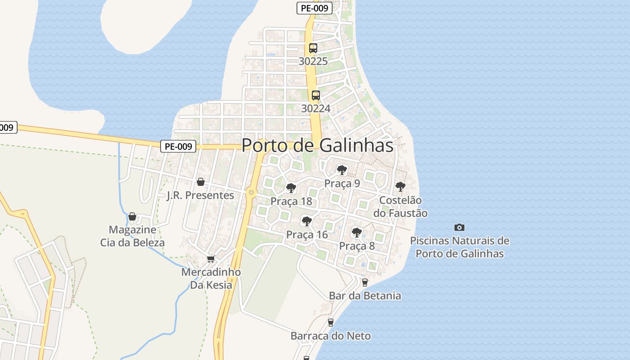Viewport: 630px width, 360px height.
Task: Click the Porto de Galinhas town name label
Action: (x=317, y=145)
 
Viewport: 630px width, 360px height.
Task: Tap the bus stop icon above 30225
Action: (x=313, y=48)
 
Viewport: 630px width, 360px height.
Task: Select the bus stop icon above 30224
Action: (x=316, y=95)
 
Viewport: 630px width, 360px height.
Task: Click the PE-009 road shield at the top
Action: (x=315, y=8)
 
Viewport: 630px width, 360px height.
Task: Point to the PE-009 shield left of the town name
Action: (x=178, y=146)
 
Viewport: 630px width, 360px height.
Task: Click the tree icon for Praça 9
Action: (x=342, y=170)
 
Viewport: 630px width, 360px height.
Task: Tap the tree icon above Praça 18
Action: (x=291, y=188)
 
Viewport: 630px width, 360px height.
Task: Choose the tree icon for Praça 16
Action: (x=307, y=221)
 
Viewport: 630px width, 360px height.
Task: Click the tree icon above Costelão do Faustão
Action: (x=400, y=186)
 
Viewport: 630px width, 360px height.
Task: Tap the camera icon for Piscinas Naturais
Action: (x=459, y=227)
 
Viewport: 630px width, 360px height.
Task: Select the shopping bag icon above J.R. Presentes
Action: (x=201, y=182)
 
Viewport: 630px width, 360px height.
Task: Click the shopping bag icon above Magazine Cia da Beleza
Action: (x=132, y=216)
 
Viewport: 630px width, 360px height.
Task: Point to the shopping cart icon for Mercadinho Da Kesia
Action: (x=211, y=259)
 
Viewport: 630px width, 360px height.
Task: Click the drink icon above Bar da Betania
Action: (x=365, y=282)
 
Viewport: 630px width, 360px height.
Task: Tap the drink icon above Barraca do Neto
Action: (x=331, y=322)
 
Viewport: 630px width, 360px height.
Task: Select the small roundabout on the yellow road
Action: (x=251, y=193)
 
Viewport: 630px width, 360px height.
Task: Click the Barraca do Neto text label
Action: (x=331, y=336)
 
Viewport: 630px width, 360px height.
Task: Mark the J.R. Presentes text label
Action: (x=201, y=195)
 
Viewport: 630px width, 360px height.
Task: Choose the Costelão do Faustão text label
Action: (x=400, y=207)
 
